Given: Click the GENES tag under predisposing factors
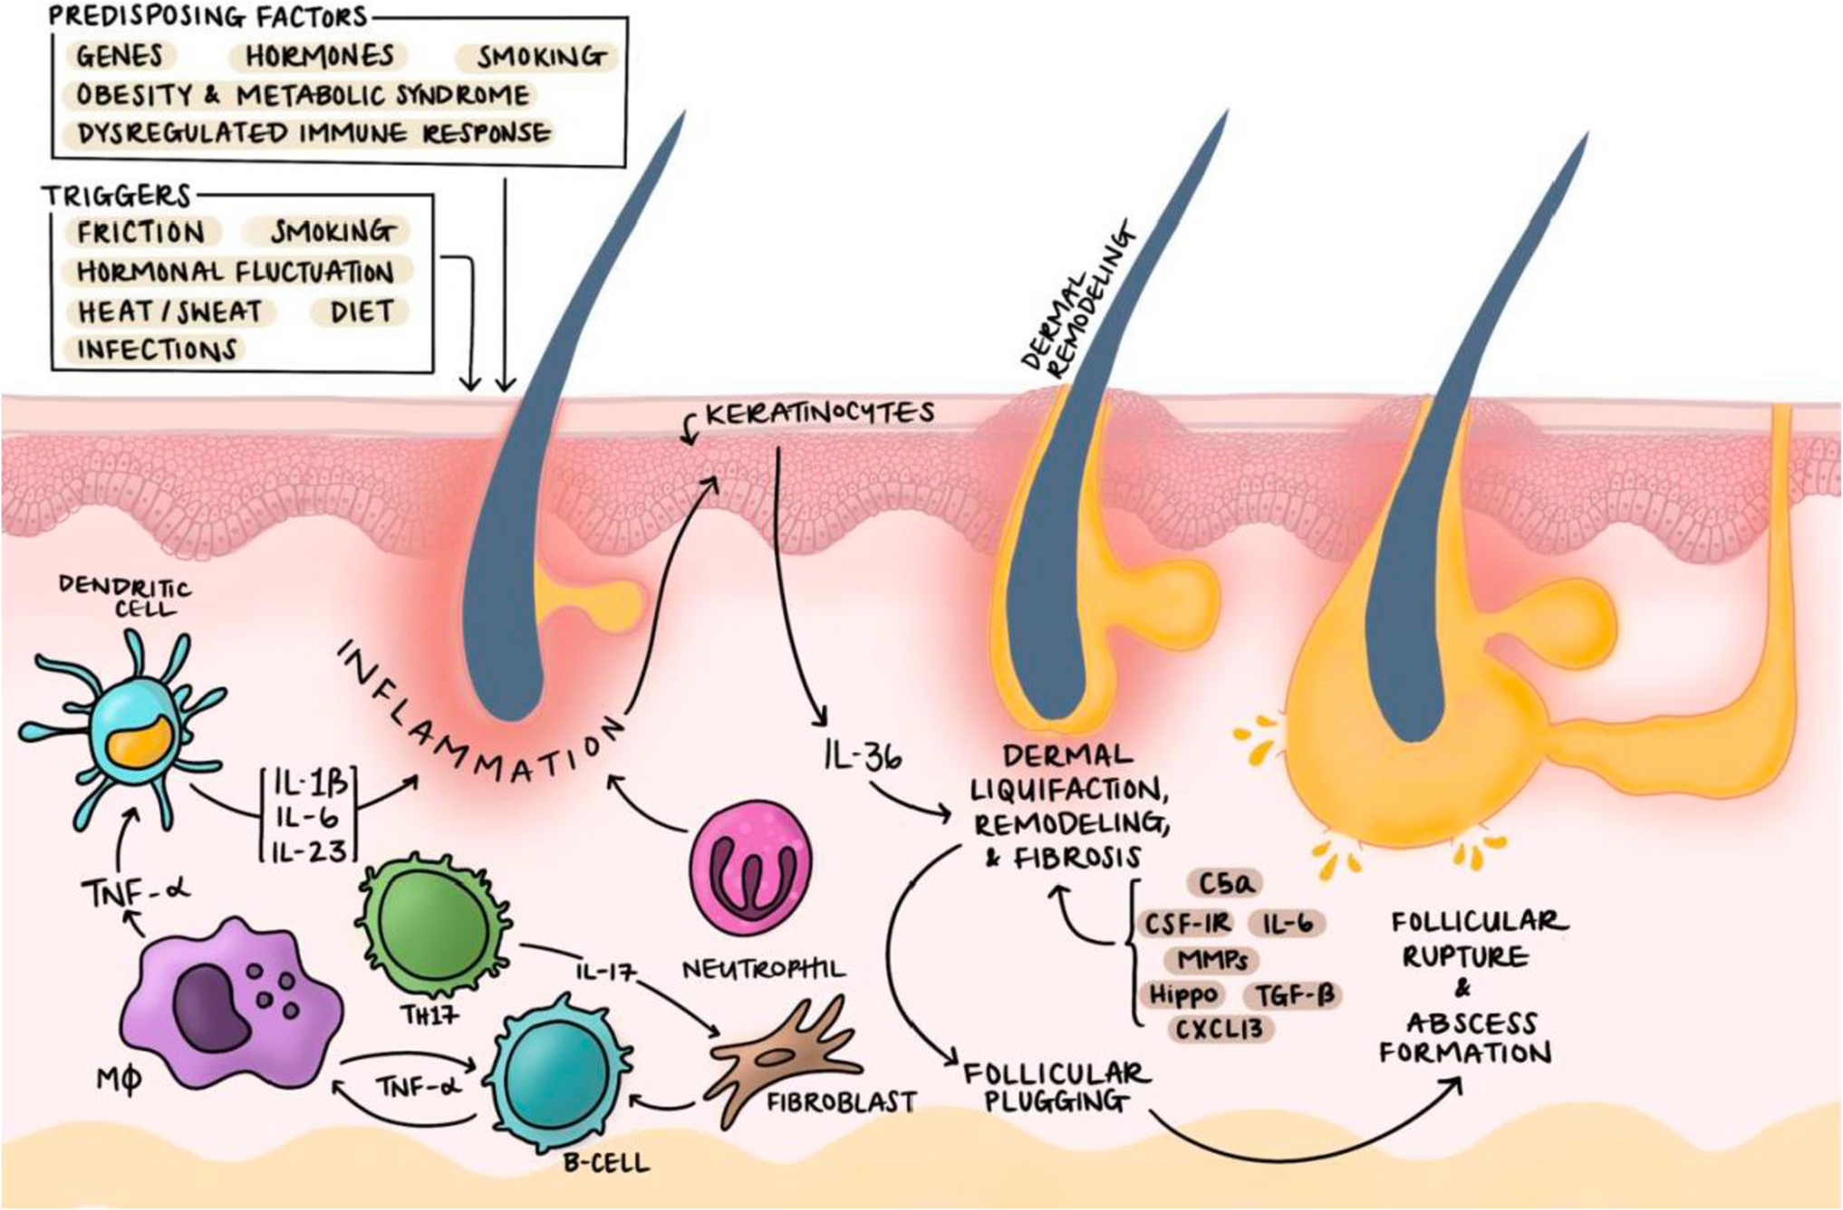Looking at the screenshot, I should pyautogui.click(x=120, y=56).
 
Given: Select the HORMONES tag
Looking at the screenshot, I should pyautogui.click(x=319, y=56).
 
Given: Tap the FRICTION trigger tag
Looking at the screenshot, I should pyautogui.click(x=140, y=233).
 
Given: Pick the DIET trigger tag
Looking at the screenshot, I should pyautogui.click(x=362, y=312).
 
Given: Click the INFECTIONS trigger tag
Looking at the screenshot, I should pyautogui.click(x=156, y=350).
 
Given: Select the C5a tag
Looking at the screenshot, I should pyautogui.click(x=1224, y=883).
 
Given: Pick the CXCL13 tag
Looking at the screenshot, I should pyautogui.click(x=1220, y=1030).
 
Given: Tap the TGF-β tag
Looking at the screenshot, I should pyautogui.click(x=1295, y=995).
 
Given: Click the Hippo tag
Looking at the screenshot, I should pyautogui.click(x=1182, y=994).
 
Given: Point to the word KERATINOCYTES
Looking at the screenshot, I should pyautogui.click(x=819, y=414).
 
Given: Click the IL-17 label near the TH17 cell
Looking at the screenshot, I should pyautogui.click(x=605, y=972).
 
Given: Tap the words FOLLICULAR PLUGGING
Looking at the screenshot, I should pyautogui.click(x=1056, y=1087).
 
